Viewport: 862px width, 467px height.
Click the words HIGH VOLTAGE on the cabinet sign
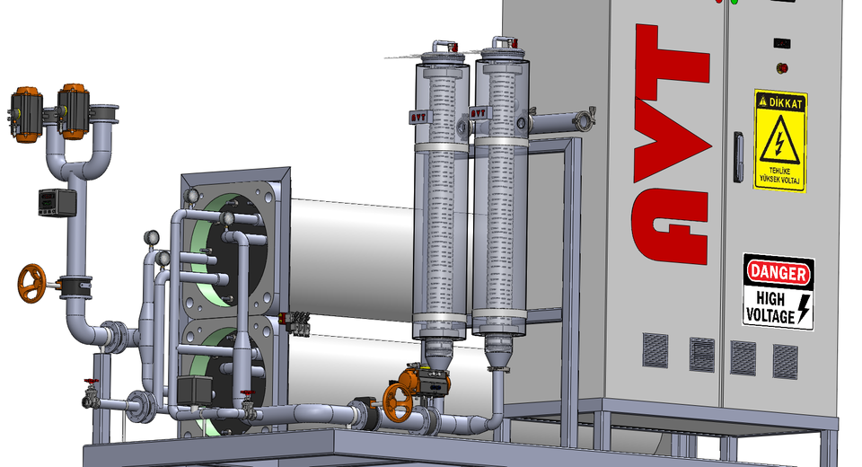(x=770, y=305)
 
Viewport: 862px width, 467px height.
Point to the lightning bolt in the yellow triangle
(x=779, y=144)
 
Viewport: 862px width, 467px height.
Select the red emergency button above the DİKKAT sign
(x=781, y=66)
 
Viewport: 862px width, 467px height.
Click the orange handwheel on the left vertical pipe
(x=31, y=282)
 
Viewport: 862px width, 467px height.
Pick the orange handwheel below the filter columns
(x=396, y=401)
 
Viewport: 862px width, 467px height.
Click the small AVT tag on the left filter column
(x=418, y=116)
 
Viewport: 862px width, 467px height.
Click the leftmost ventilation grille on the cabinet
(x=655, y=349)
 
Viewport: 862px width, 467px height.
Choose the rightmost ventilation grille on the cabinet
(x=785, y=360)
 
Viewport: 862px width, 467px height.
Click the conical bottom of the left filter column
(x=437, y=356)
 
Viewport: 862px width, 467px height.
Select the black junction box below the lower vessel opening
(x=194, y=391)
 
